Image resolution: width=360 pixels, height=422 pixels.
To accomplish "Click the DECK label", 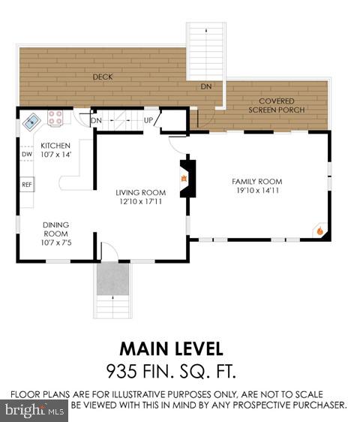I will (x=102, y=77).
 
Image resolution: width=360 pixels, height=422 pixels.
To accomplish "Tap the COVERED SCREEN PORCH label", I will (x=276, y=105).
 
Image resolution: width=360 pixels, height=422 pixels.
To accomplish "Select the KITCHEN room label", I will (x=55, y=145).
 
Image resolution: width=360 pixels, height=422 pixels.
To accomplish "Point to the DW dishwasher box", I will (x=26, y=155).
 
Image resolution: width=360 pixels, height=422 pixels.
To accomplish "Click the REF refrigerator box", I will (x=26, y=184).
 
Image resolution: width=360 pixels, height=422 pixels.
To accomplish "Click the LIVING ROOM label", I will (x=140, y=192).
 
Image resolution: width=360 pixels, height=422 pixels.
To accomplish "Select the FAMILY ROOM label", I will (x=257, y=182).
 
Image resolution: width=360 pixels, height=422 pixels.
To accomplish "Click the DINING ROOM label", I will (x=55, y=228).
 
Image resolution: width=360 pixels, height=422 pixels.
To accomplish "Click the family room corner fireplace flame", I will (x=319, y=231).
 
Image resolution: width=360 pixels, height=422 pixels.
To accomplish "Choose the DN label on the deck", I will (x=205, y=87).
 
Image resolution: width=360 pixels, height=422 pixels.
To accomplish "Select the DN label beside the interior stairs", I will (x=96, y=120).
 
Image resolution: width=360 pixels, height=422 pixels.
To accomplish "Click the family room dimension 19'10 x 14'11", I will (x=257, y=191).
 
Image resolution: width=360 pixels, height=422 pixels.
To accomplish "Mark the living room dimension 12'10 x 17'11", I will (x=140, y=201).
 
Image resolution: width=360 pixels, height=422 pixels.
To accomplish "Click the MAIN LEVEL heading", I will (x=171, y=348).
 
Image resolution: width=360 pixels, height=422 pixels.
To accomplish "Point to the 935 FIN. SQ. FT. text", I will (x=171, y=369).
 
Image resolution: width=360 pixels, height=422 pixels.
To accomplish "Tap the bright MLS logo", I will (x=34, y=410).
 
